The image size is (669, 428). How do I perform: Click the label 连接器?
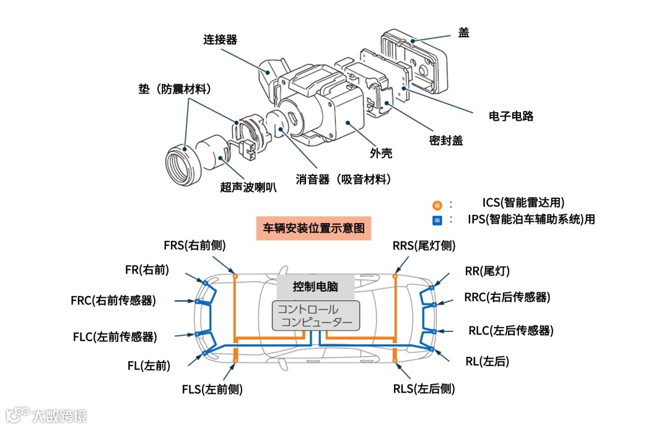[x=220, y=40]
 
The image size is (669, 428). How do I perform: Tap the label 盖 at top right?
[x=463, y=33]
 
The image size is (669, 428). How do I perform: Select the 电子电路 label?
[x=511, y=116]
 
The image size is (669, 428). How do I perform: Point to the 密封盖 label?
[x=446, y=141]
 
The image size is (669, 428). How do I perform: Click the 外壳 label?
[x=381, y=153]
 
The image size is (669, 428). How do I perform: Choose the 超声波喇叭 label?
[x=248, y=186]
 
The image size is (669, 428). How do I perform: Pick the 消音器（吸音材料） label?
[x=344, y=180]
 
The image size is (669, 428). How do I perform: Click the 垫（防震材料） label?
[x=175, y=89]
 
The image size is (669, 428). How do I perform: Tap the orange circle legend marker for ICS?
[x=437, y=204]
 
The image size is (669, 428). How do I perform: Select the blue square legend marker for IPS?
[x=437, y=220]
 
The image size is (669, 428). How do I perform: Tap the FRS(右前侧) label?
[x=195, y=245]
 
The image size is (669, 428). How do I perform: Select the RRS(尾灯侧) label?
[x=424, y=245]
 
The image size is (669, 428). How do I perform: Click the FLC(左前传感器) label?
[x=115, y=337]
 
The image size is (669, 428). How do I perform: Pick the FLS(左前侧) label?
[x=212, y=389]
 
